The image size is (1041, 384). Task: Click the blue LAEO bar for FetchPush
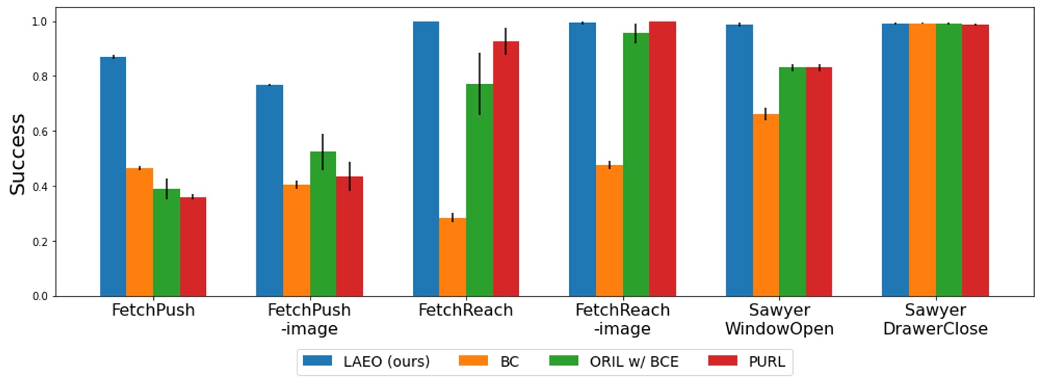click(x=113, y=177)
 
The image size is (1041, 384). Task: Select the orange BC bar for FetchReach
click(x=453, y=257)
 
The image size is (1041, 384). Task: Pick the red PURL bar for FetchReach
click(x=506, y=169)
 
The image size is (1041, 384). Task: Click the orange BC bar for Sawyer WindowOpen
click(x=766, y=205)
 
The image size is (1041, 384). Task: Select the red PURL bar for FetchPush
click(x=193, y=247)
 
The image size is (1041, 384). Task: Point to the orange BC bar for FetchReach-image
click(x=609, y=231)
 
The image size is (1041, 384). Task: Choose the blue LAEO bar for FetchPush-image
click(x=270, y=191)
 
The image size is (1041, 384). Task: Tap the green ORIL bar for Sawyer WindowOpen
click(x=792, y=182)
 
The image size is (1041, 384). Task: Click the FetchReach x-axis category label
click(x=466, y=311)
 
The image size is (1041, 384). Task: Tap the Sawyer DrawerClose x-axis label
click(x=935, y=319)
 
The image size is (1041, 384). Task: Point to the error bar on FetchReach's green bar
click(x=479, y=83)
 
